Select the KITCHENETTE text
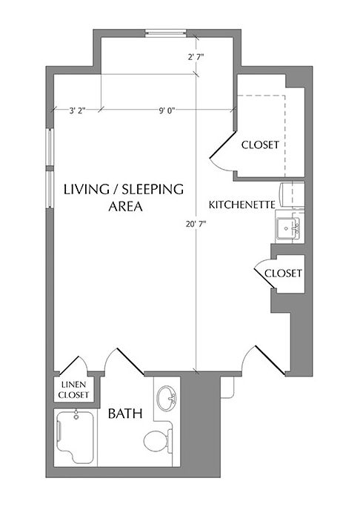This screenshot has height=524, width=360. click(242, 204)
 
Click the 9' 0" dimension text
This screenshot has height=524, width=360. click(167, 110)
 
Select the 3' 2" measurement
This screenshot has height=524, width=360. click(77, 110)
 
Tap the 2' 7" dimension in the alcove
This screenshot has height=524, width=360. click(196, 56)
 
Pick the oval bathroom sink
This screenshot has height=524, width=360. click(169, 398)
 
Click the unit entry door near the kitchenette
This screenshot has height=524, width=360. click(264, 360)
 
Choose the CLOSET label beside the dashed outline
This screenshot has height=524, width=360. click(260, 145)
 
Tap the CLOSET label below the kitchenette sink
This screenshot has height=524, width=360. click(284, 273)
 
